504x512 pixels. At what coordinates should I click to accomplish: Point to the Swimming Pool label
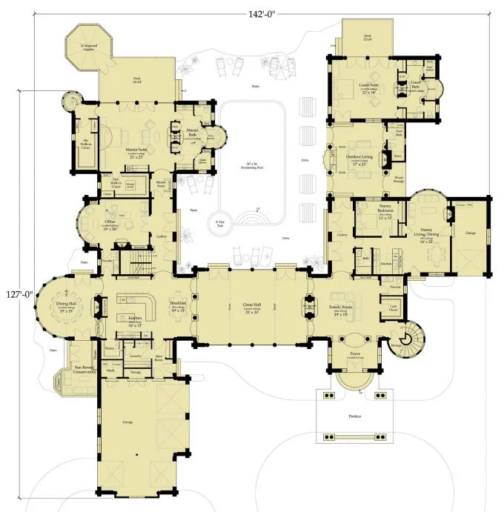tap(252, 164)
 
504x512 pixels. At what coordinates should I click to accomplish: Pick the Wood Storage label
tap(398, 179)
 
